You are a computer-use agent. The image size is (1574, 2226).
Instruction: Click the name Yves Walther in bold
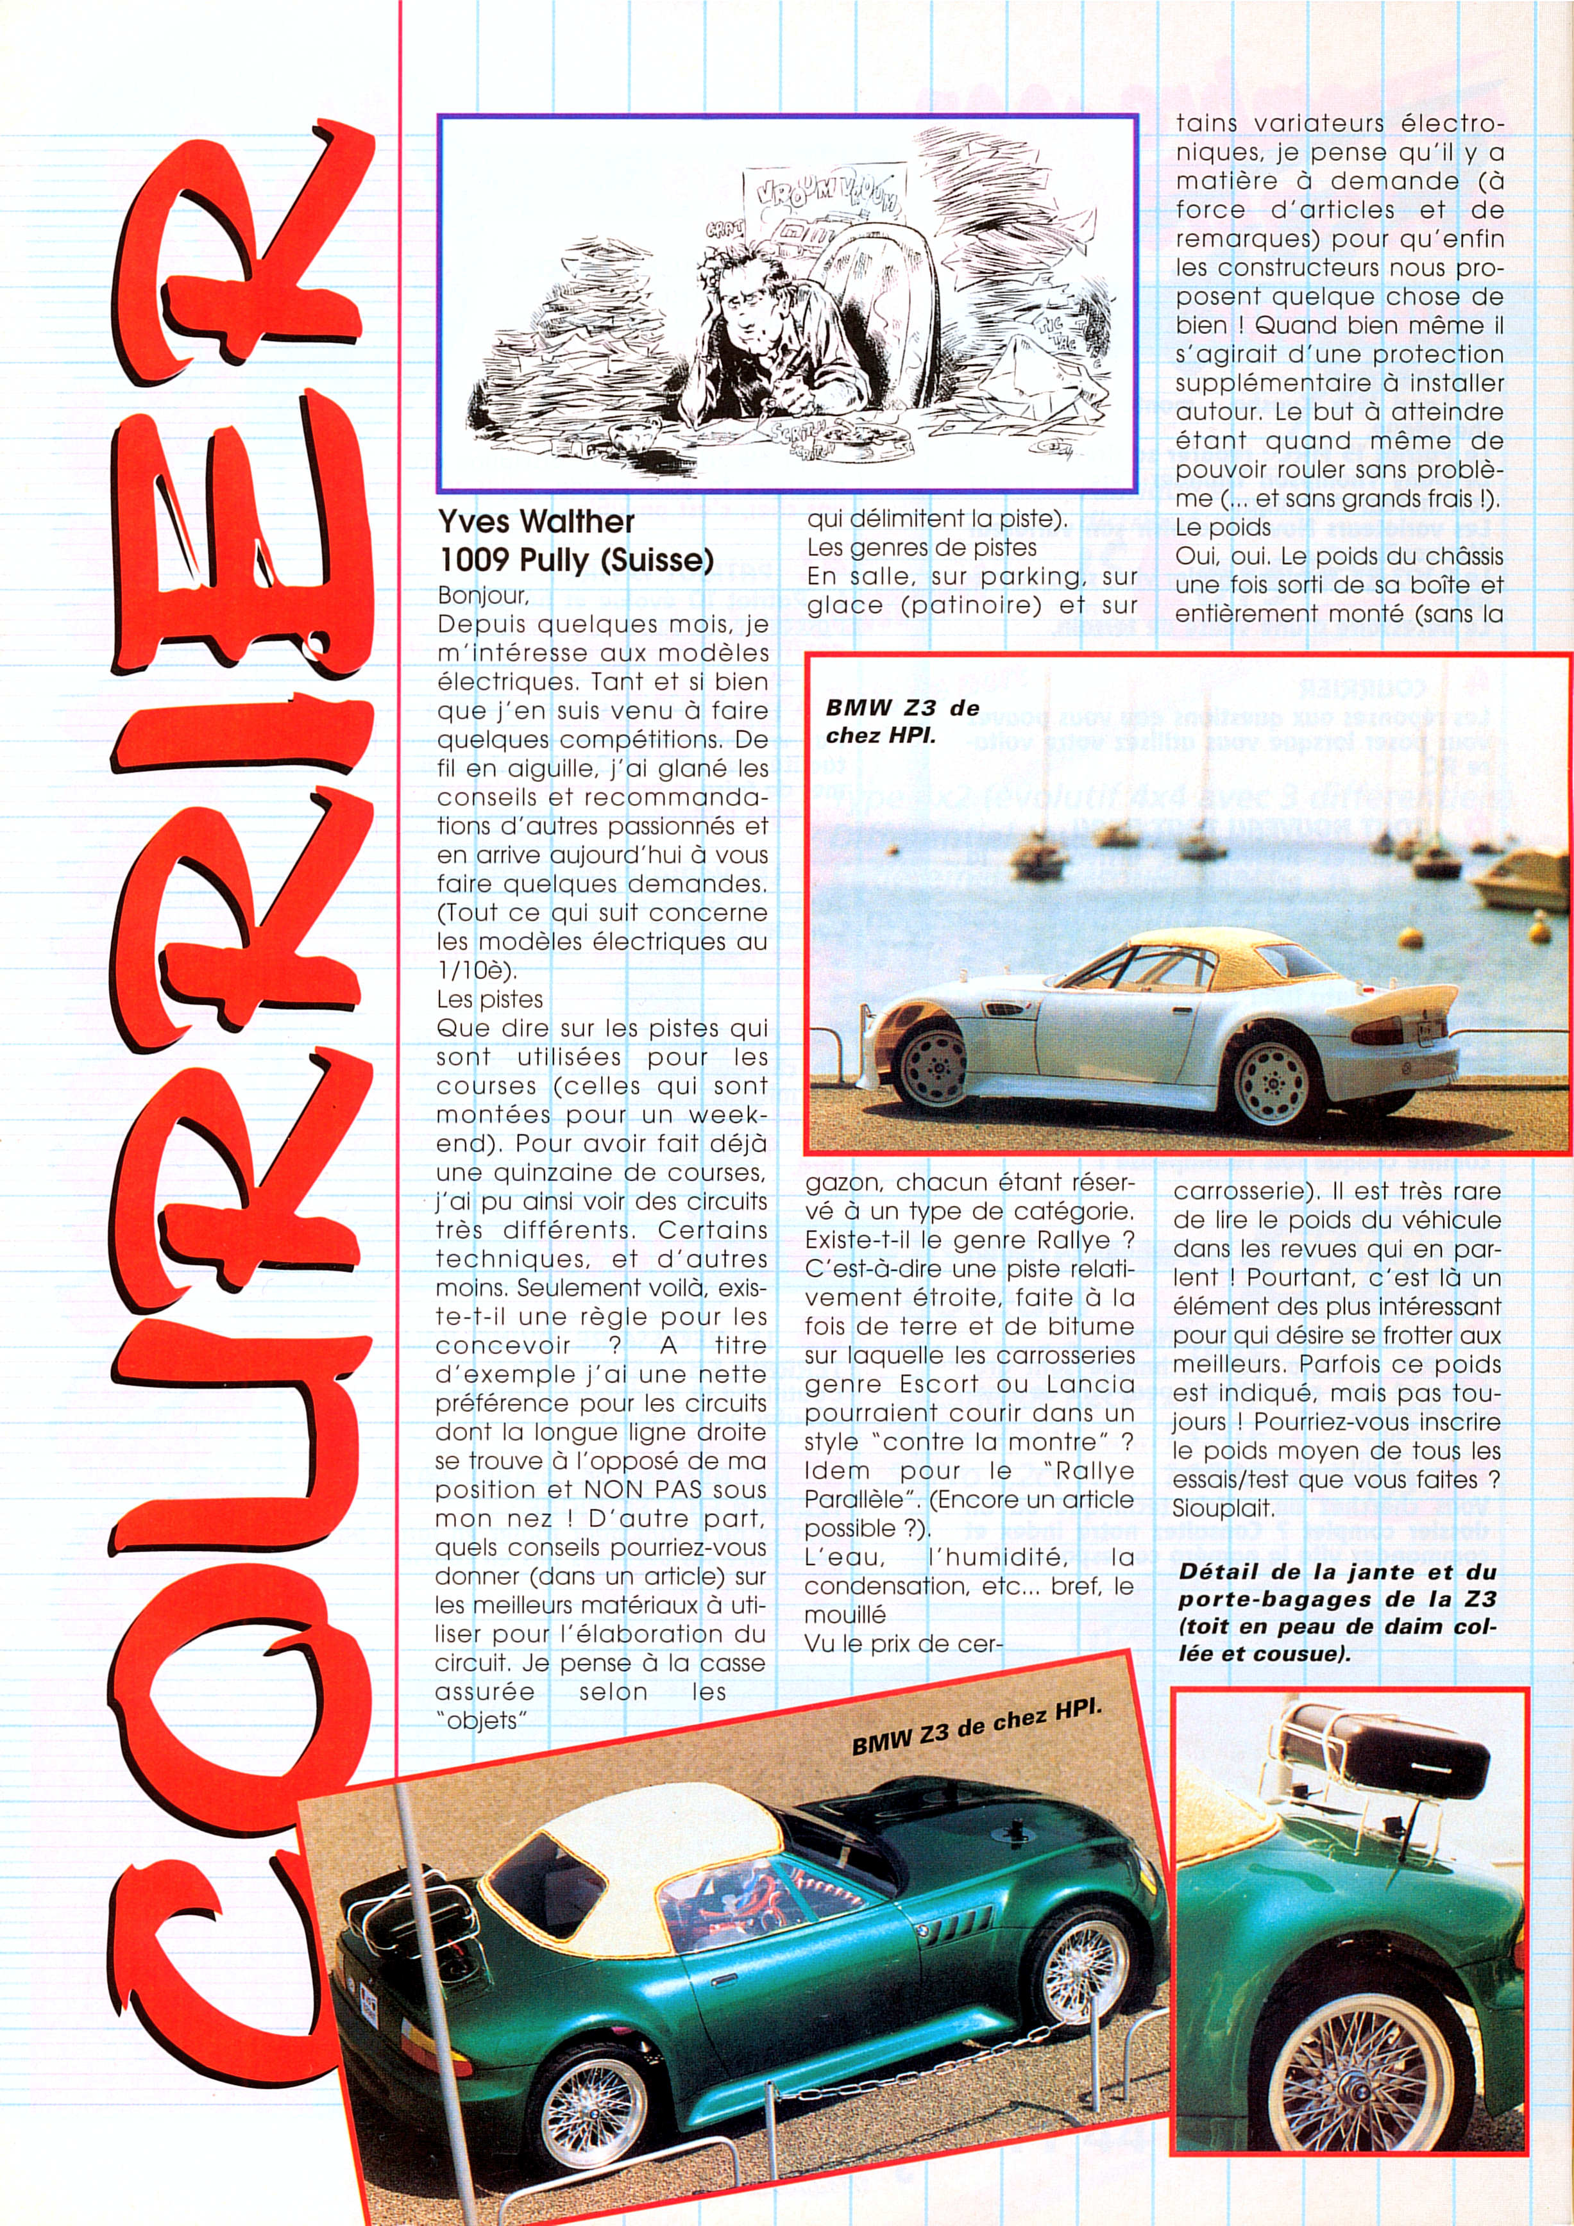coord(536,522)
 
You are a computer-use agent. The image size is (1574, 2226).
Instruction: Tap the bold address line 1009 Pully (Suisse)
coord(575,560)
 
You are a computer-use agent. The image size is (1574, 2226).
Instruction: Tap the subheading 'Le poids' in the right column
coord(1222,528)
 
